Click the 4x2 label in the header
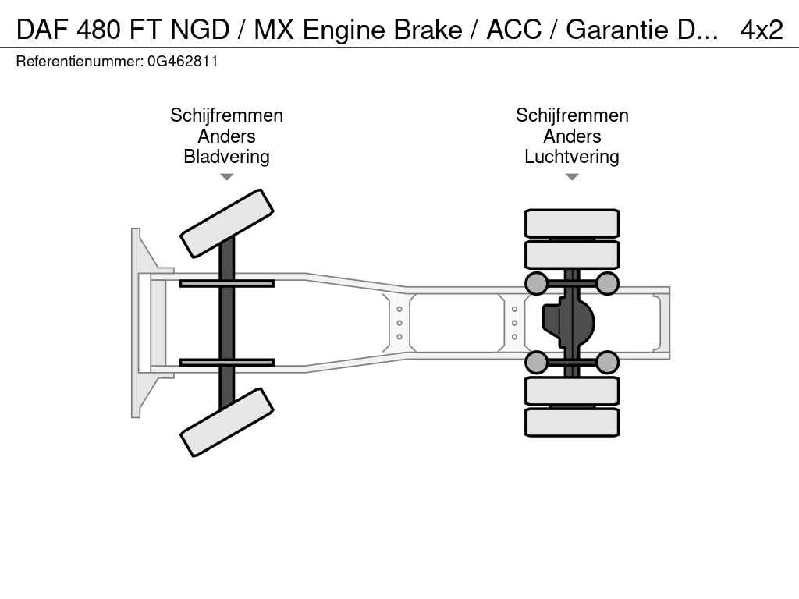pyautogui.click(x=761, y=30)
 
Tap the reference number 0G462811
pyautogui.click(x=183, y=61)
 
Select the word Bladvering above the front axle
pyautogui.click(x=226, y=157)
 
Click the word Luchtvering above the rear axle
pyautogui.click(x=571, y=157)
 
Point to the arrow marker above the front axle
pyautogui.click(x=226, y=177)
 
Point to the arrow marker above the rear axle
pyautogui.click(x=571, y=177)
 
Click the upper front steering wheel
pyautogui.click(x=226, y=223)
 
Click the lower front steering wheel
pyautogui.click(x=226, y=422)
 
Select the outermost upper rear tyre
pyautogui.click(x=572, y=223)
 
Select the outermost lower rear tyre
pyautogui.click(x=572, y=422)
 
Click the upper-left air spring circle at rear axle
pyautogui.click(x=536, y=283)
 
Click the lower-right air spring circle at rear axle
pyautogui.click(x=607, y=362)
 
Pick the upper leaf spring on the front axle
pyautogui.click(x=226, y=283)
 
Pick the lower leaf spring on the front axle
pyautogui.click(x=226, y=362)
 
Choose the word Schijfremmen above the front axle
pyautogui.click(x=226, y=115)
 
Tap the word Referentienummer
pyautogui.click(x=78, y=61)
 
